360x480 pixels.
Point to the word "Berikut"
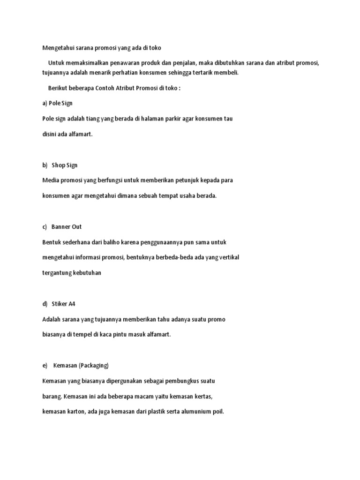pos(59,88)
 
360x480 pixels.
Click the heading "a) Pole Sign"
pos(57,103)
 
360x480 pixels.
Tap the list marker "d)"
pos(45,304)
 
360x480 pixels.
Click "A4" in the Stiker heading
pos(71,304)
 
